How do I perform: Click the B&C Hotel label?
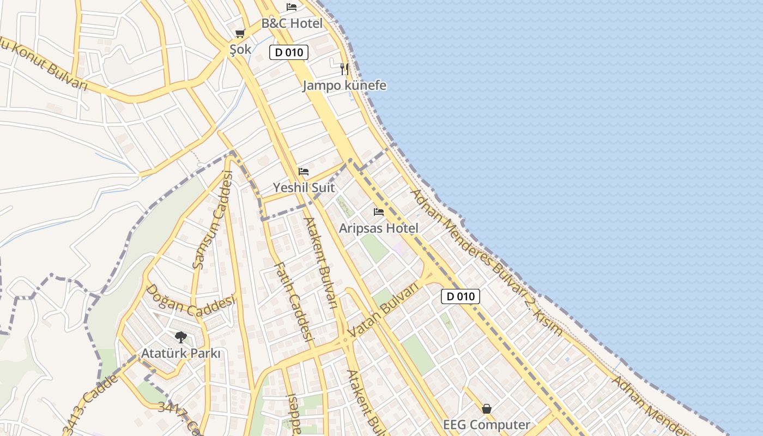click(292, 23)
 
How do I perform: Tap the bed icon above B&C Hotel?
click(292, 7)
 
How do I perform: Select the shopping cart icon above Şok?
click(240, 33)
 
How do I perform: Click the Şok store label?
click(240, 50)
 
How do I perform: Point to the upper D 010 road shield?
click(289, 52)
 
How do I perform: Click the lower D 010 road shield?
click(461, 296)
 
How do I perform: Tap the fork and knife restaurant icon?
click(344, 69)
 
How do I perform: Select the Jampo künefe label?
click(344, 86)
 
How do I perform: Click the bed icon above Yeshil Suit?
click(304, 171)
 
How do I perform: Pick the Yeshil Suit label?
click(304, 187)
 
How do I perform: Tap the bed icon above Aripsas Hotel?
click(379, 211)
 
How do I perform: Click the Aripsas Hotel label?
click(379, 228)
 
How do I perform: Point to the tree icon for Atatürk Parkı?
click(180, 337)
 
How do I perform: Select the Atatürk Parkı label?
click(181, 354)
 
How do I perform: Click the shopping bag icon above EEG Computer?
click(487, 408)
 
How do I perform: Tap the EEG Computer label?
click(487, 425)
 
